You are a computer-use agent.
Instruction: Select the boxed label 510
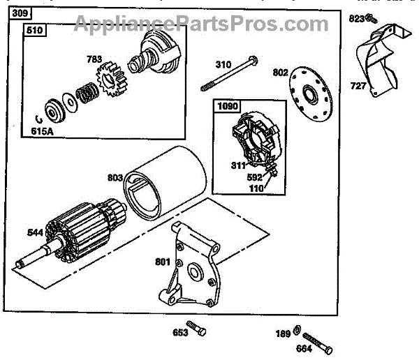click(34, 31)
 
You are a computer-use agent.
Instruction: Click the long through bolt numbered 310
click(230, 75)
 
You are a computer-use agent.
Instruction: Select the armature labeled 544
click(77, 231)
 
